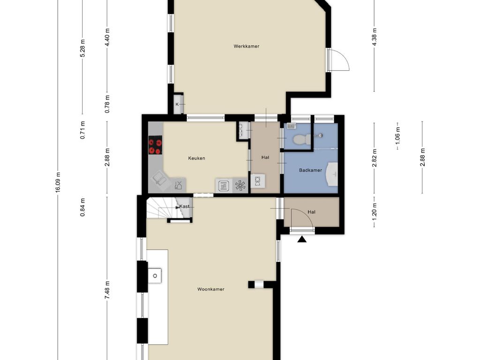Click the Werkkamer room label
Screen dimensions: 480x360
[x=246, y=46]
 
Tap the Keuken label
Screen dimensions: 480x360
[x=196, y=158]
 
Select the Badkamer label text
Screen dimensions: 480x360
[x=310, y=170]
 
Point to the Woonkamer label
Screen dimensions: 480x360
[x=210, y=289]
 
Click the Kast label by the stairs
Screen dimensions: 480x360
[x=184, y=206]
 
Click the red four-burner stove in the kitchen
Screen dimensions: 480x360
[x=155, y=145]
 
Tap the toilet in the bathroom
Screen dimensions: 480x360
[x=301, y=139]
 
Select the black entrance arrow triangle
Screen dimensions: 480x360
[x=302, y=239]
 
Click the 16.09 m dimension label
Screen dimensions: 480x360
[x=58, y=182]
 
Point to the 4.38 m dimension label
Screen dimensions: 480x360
[x=374, y=37]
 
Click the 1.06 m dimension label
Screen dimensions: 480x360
[x=397, y=135]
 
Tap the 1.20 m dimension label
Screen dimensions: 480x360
[x=374, y=211]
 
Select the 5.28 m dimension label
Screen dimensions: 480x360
[x=82, y=48]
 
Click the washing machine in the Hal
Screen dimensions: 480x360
[x=258, y=181]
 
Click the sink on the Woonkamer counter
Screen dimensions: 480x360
[x=155, y=276]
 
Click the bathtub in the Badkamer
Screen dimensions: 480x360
[x=331, y=174]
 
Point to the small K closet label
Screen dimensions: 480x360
[x=177, y=105]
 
